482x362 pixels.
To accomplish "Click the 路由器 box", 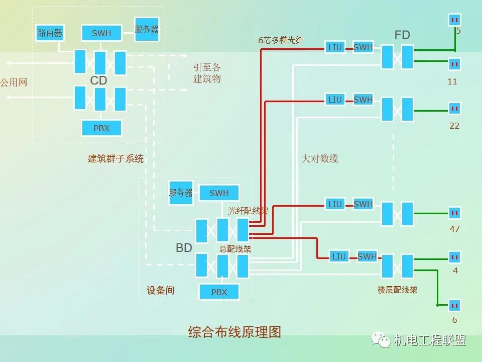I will coord(50,33).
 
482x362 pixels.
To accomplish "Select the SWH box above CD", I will coord(101,33).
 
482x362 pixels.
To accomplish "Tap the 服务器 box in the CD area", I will coord(147,30).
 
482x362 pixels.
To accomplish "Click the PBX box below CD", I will coord(101,128).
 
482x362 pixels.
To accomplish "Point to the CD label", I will coord(98,80).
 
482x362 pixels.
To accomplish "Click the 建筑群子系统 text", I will coord(115,159).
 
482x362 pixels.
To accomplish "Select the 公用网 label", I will coord(14,82).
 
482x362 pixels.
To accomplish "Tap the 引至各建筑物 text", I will coord(207,73).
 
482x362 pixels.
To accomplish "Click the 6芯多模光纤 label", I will coord(281,40).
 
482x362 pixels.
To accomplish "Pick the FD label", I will coord(402,35).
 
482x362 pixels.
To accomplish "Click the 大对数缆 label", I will coord(320,158).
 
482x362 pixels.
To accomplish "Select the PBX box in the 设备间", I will coord(219,292).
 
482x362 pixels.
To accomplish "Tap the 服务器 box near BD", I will coord(181,193).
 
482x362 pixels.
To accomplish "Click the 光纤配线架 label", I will coord(248,211).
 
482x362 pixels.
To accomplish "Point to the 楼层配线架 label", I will coord(397,290).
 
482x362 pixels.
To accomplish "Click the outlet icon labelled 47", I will coord(454,213).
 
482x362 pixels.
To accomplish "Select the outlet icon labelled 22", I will coord(454,108).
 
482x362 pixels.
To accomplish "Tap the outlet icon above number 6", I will coord(454,305).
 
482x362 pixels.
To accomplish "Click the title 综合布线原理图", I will coord(234,332).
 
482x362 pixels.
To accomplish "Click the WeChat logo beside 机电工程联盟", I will coord(381,340).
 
